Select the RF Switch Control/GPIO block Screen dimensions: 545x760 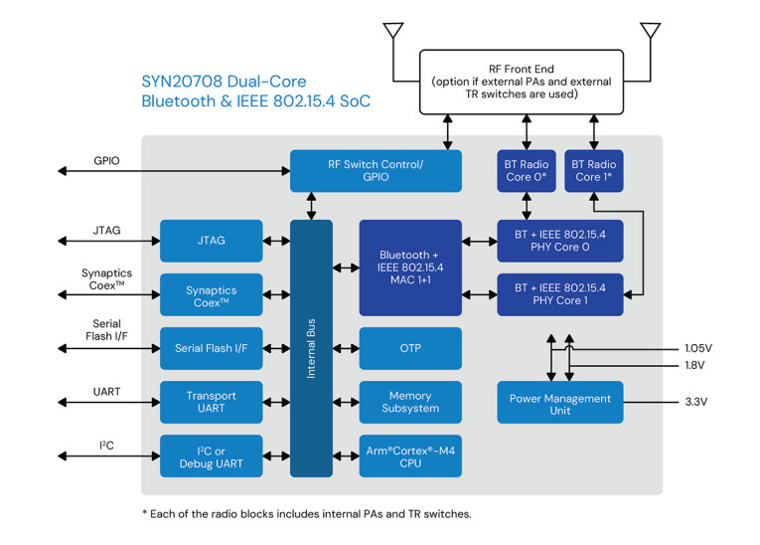376,170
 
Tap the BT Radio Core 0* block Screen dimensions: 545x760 525,170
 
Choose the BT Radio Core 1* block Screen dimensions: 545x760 594,170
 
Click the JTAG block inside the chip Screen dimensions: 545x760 211,241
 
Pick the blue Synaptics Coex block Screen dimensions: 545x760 211,295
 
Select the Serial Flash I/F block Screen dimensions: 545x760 211,348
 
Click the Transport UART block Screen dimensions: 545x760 211,402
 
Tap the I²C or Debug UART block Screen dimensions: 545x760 211,455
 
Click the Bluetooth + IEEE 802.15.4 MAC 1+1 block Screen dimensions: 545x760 410,268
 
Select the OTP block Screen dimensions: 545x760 410,348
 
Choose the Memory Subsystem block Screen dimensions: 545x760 410,402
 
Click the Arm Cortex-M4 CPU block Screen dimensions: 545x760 410,455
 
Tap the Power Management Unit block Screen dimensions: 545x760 560,403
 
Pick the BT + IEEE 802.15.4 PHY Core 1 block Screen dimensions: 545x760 560,294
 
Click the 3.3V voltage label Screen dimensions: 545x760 697,403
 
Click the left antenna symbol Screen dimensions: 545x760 393,31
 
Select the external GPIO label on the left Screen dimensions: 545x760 106,159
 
